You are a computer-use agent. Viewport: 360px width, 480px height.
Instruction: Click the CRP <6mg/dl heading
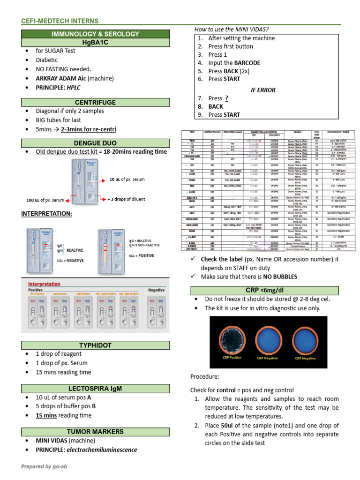(x=265, y=291)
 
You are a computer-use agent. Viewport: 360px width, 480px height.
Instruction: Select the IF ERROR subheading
(x=263, y=90)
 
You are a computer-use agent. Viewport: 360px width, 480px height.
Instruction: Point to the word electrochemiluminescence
(x=102, y=450)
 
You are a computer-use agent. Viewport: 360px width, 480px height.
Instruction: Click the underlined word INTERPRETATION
(x=46, y=214)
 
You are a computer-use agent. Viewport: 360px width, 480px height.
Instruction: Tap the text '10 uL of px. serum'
(x=127, y=180)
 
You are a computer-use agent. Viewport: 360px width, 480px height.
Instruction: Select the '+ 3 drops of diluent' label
(x=126, y=199)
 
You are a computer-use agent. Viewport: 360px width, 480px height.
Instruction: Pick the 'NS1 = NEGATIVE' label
(x=70, y=261)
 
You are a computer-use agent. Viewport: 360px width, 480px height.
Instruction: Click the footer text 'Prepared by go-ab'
(x=43, y=466)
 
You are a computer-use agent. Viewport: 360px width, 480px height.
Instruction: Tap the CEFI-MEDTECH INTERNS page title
(x=60, y=21)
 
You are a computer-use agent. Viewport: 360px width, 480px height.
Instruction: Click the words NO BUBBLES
(x=280, y=277)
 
